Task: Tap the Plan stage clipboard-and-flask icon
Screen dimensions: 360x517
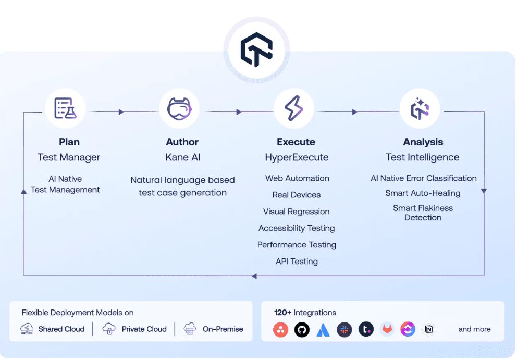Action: pos(65,108)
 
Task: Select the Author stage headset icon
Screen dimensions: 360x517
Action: pos(179,108)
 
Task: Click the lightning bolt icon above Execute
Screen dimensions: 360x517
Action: pos(293,108)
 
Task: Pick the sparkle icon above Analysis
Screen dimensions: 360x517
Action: pos(420,108)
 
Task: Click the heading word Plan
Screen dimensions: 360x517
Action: pos(69,142)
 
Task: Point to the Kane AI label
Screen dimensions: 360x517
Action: pos(182,157)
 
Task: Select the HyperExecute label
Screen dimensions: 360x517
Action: pos(297,157)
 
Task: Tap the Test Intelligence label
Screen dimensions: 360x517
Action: pos(423,157)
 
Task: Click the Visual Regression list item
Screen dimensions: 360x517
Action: pos(297,212)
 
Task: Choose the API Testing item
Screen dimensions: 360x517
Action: pos(297,262)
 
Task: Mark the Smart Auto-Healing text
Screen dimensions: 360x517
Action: pos(423,193)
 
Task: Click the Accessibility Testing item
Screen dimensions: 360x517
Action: pos(297,228)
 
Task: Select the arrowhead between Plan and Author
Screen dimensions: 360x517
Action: pos(121,112)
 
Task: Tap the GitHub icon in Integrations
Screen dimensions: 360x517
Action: pos(302,329)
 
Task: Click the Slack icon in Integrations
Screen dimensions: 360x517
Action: pos(344,329)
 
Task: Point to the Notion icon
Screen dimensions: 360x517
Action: pos(429,329)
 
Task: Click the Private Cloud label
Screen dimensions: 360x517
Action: pos(144,329)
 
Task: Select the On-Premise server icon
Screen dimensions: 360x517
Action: pos(190,329)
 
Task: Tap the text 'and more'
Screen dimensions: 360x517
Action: pos(474,329)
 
